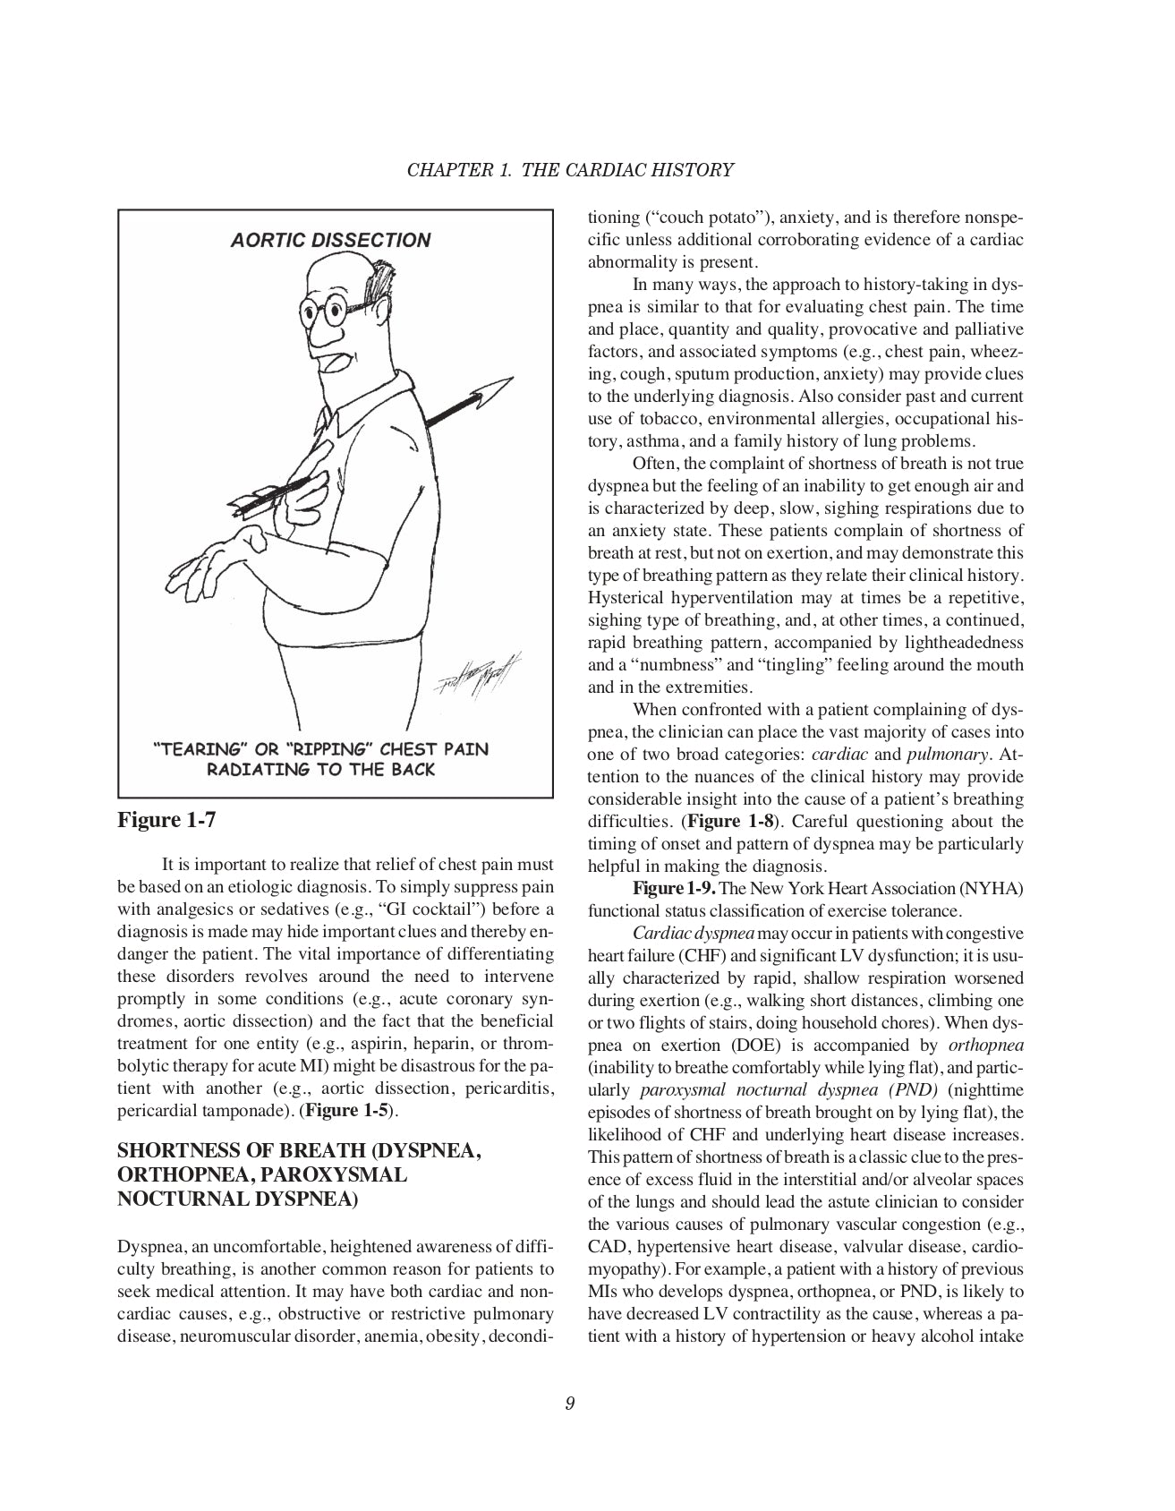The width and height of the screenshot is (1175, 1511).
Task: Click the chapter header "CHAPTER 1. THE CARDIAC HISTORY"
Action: [571, 169]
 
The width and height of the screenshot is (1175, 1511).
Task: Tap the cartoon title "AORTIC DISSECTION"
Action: [330, 240]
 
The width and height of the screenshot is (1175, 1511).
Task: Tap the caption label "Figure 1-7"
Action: [167, 820]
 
